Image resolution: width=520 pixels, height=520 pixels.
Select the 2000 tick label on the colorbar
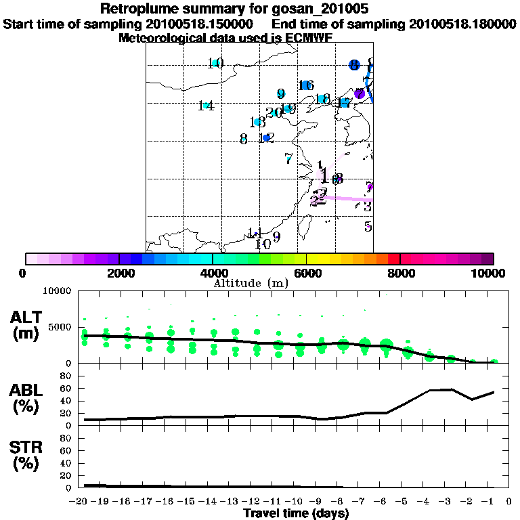tap(118, 273)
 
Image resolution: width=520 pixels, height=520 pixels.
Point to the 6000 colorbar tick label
tap(306, 273)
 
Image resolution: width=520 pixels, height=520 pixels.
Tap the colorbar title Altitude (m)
tap(251, 283)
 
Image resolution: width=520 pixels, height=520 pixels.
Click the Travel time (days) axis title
tap(296, 514)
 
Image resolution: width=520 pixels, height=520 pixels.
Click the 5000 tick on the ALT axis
tap(60, 327)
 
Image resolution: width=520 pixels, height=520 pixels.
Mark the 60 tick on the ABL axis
tap(66, 388)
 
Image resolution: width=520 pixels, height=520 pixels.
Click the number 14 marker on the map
tap(207, 106)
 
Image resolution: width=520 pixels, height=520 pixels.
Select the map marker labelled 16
tap(306, 85)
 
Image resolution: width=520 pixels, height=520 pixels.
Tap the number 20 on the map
tap(274, 112)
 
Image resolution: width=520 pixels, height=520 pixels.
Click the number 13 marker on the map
tap(257, 123)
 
